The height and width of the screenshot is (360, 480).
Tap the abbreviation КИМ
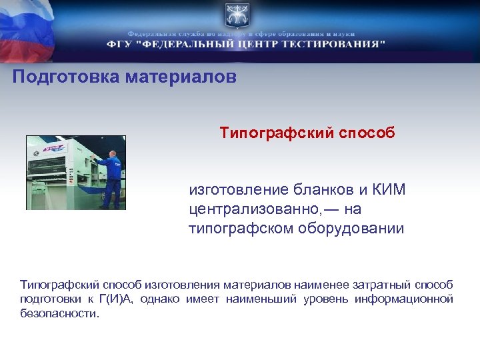(389, 190)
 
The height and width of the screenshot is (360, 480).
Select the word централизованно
(255, 209)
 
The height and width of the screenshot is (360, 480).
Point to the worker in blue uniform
(111, 178)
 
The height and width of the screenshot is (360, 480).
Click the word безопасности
(59, 313)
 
